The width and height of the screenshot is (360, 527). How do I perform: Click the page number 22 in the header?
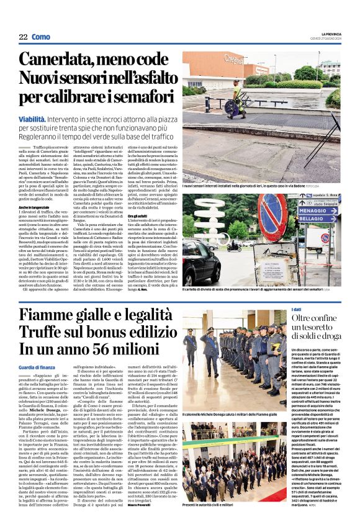[23, 37]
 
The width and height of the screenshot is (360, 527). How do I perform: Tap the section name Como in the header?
[40, 37]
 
